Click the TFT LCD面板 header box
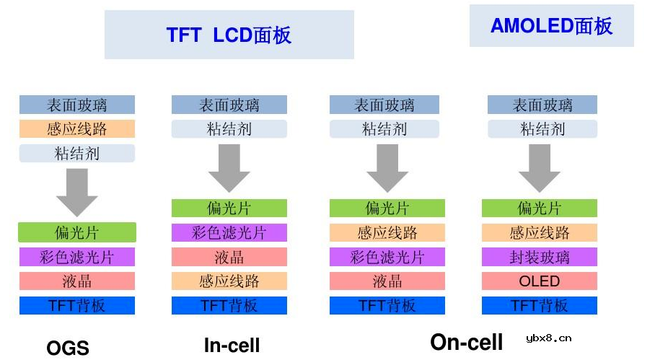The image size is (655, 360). pos(229,35)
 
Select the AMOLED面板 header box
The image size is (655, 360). pos(551,26)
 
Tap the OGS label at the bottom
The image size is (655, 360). pos(68,348)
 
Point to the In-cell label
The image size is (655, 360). pos(232,346)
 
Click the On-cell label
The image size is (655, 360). pos(467,342)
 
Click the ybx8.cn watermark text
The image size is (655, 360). pos(549,337)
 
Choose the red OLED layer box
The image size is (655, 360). pos(540,281)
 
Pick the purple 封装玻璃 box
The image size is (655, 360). pos(540,257)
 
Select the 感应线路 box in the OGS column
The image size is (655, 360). pos(77,129)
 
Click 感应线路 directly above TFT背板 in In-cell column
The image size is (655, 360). pos(229,281)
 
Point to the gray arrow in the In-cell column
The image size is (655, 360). pos(229,168)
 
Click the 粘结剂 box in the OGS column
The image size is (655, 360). pos(77,154)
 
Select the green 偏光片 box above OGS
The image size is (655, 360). pos(77,232)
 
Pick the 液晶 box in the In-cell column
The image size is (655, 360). pos(229,257)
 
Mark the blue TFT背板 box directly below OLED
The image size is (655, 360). pos(540,305)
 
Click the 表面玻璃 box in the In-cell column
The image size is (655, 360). pos(229,105)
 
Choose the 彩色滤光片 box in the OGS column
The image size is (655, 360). pos(77,257)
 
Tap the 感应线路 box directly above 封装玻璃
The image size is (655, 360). pos(540,232)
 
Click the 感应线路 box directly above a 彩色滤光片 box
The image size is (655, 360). pos(387,232)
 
